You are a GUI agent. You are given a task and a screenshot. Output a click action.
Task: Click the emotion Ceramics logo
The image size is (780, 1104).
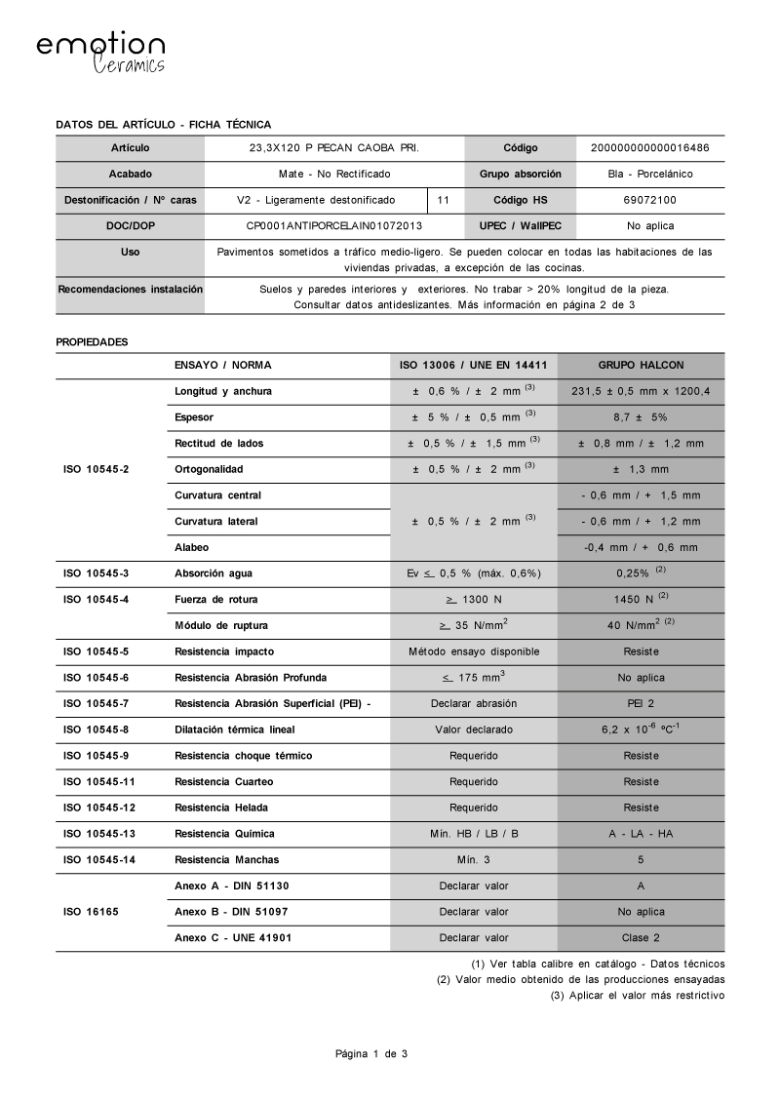[x=100, y=53]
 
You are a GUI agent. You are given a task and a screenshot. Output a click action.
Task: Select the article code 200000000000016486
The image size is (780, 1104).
[x=649, y=148]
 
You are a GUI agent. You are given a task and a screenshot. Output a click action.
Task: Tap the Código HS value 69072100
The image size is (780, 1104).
[x=649, y=200]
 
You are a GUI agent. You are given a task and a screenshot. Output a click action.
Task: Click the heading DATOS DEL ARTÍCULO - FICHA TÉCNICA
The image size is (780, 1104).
[x=164, y=124]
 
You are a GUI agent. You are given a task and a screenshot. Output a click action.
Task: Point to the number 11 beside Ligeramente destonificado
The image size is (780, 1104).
[x=444, y=200]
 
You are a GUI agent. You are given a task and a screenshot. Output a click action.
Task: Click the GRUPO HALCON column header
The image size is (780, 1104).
[x=641, y=365]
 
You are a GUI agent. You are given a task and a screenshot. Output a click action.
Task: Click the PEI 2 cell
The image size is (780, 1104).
[x=641, y=703]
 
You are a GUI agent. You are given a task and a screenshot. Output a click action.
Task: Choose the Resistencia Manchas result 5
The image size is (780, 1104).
[x=641, y=859]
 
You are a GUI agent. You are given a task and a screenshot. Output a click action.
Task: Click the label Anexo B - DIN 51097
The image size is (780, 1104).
[x=231, y=912]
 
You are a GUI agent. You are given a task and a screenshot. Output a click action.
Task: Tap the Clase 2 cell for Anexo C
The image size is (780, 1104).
[x=641, y=937]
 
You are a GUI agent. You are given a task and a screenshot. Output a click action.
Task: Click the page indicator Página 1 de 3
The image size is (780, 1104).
[x=371, y=1054]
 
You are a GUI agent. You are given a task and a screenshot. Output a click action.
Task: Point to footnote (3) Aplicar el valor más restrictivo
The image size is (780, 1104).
[x=638, y=995]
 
